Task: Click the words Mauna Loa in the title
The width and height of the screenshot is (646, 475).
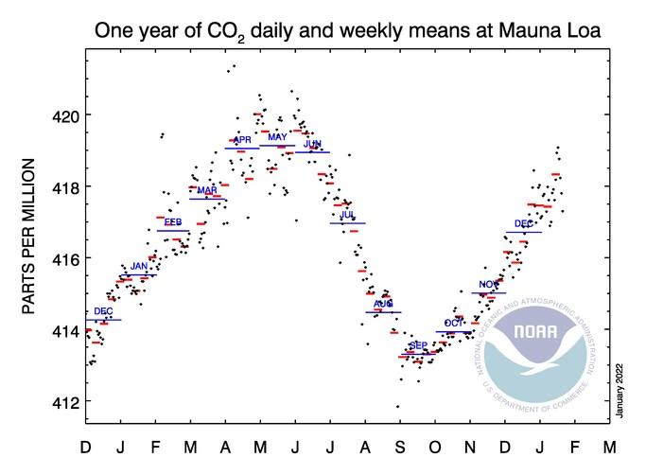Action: click(557, 31)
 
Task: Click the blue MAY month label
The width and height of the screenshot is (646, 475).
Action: click(277, 138)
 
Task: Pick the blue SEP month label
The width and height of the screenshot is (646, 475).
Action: click(418, 346)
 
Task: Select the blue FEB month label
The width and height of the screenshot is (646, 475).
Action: click(173, 222)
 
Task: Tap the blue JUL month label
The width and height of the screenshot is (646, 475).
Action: click(347, 216)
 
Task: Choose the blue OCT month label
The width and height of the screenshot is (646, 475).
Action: click(454, 324)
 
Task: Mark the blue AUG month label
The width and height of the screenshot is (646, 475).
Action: click(383, 304)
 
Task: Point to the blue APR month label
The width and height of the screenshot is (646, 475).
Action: click(242, 140)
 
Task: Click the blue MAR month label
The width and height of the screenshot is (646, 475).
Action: click(207, 190)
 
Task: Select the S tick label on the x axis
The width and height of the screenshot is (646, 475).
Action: click(398, 447)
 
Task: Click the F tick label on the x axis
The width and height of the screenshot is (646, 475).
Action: click(156, 447)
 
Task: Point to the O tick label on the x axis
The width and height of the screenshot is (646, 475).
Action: click(433, 447)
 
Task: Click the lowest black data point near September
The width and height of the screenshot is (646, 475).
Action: click(397, 407)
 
